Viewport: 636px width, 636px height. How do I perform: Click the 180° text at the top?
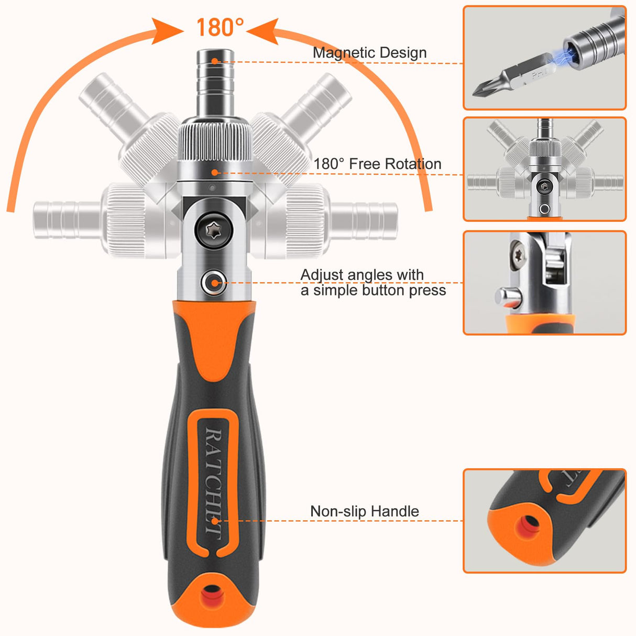(x=220, y=27)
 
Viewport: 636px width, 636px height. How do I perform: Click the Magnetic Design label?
(x=369, y=52)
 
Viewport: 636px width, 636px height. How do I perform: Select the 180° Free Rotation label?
(x=377, y=164)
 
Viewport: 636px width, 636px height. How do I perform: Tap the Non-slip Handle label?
(x=365, y=511)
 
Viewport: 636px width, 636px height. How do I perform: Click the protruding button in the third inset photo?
(x=507, y=298)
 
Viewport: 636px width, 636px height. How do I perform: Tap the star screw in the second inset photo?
(x=545, y=186)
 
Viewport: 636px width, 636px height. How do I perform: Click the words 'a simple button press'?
(x=373, y=291)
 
